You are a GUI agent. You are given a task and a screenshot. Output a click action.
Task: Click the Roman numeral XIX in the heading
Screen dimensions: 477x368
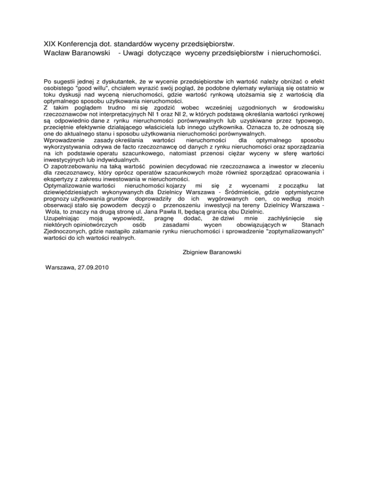[49, 44]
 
